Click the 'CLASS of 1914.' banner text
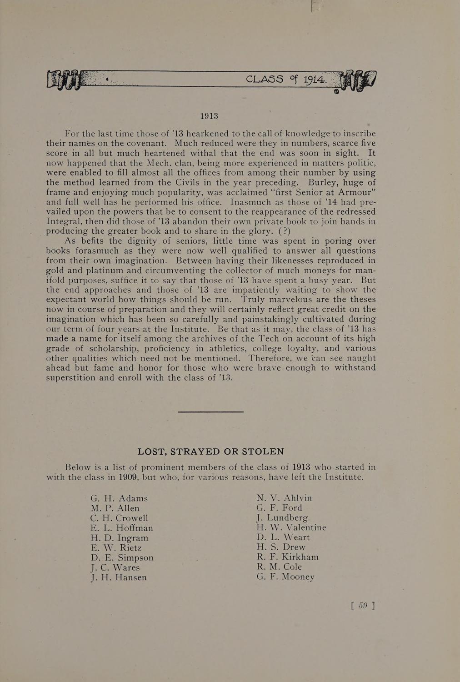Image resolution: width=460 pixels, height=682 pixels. pyautogui.click(x=285, y=79)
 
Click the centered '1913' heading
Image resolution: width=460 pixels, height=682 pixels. pyautogui.click(x=209, y=116)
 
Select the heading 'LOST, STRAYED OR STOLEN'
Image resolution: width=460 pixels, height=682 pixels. pyautogui.click(x=210, y=451)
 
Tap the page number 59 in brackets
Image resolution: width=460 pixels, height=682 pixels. pyautogui.click(x=363, y=605)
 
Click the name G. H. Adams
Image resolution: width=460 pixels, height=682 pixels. pyautogui.click(x=119, y=498)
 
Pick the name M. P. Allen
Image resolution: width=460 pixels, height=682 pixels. pyautogui.click(x=115, y=508)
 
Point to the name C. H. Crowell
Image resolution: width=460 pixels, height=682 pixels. pyautogui.click(x=119, y=518)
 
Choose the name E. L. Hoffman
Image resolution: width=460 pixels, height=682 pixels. pyautogui.click(x=122, y=528)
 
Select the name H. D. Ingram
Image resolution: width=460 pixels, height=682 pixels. pyautogui.click(x=120, y=538)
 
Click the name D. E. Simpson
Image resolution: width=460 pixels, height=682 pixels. pyautogui.click(x=122, y=557)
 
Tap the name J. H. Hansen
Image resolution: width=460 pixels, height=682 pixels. pyautogui.click(x=119, y=577)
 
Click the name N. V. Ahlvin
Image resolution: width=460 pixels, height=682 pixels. pyautogui.click(x=284, y=498)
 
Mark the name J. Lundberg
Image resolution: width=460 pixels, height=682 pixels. pyautogui.click(x=282, y=518)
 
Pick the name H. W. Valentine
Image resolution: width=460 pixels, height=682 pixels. pyautogui.click(x=291, y=527)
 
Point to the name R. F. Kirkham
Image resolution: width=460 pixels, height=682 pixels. pyautogui.click(x=287, y=557)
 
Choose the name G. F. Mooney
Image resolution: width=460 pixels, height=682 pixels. pyautogui.click(x=285, y=577)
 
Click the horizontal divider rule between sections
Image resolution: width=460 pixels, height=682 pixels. pyautogui.click(x=210, y=412)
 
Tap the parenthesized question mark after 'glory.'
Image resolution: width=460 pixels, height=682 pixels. pyautogui.click(x=287, y=231)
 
